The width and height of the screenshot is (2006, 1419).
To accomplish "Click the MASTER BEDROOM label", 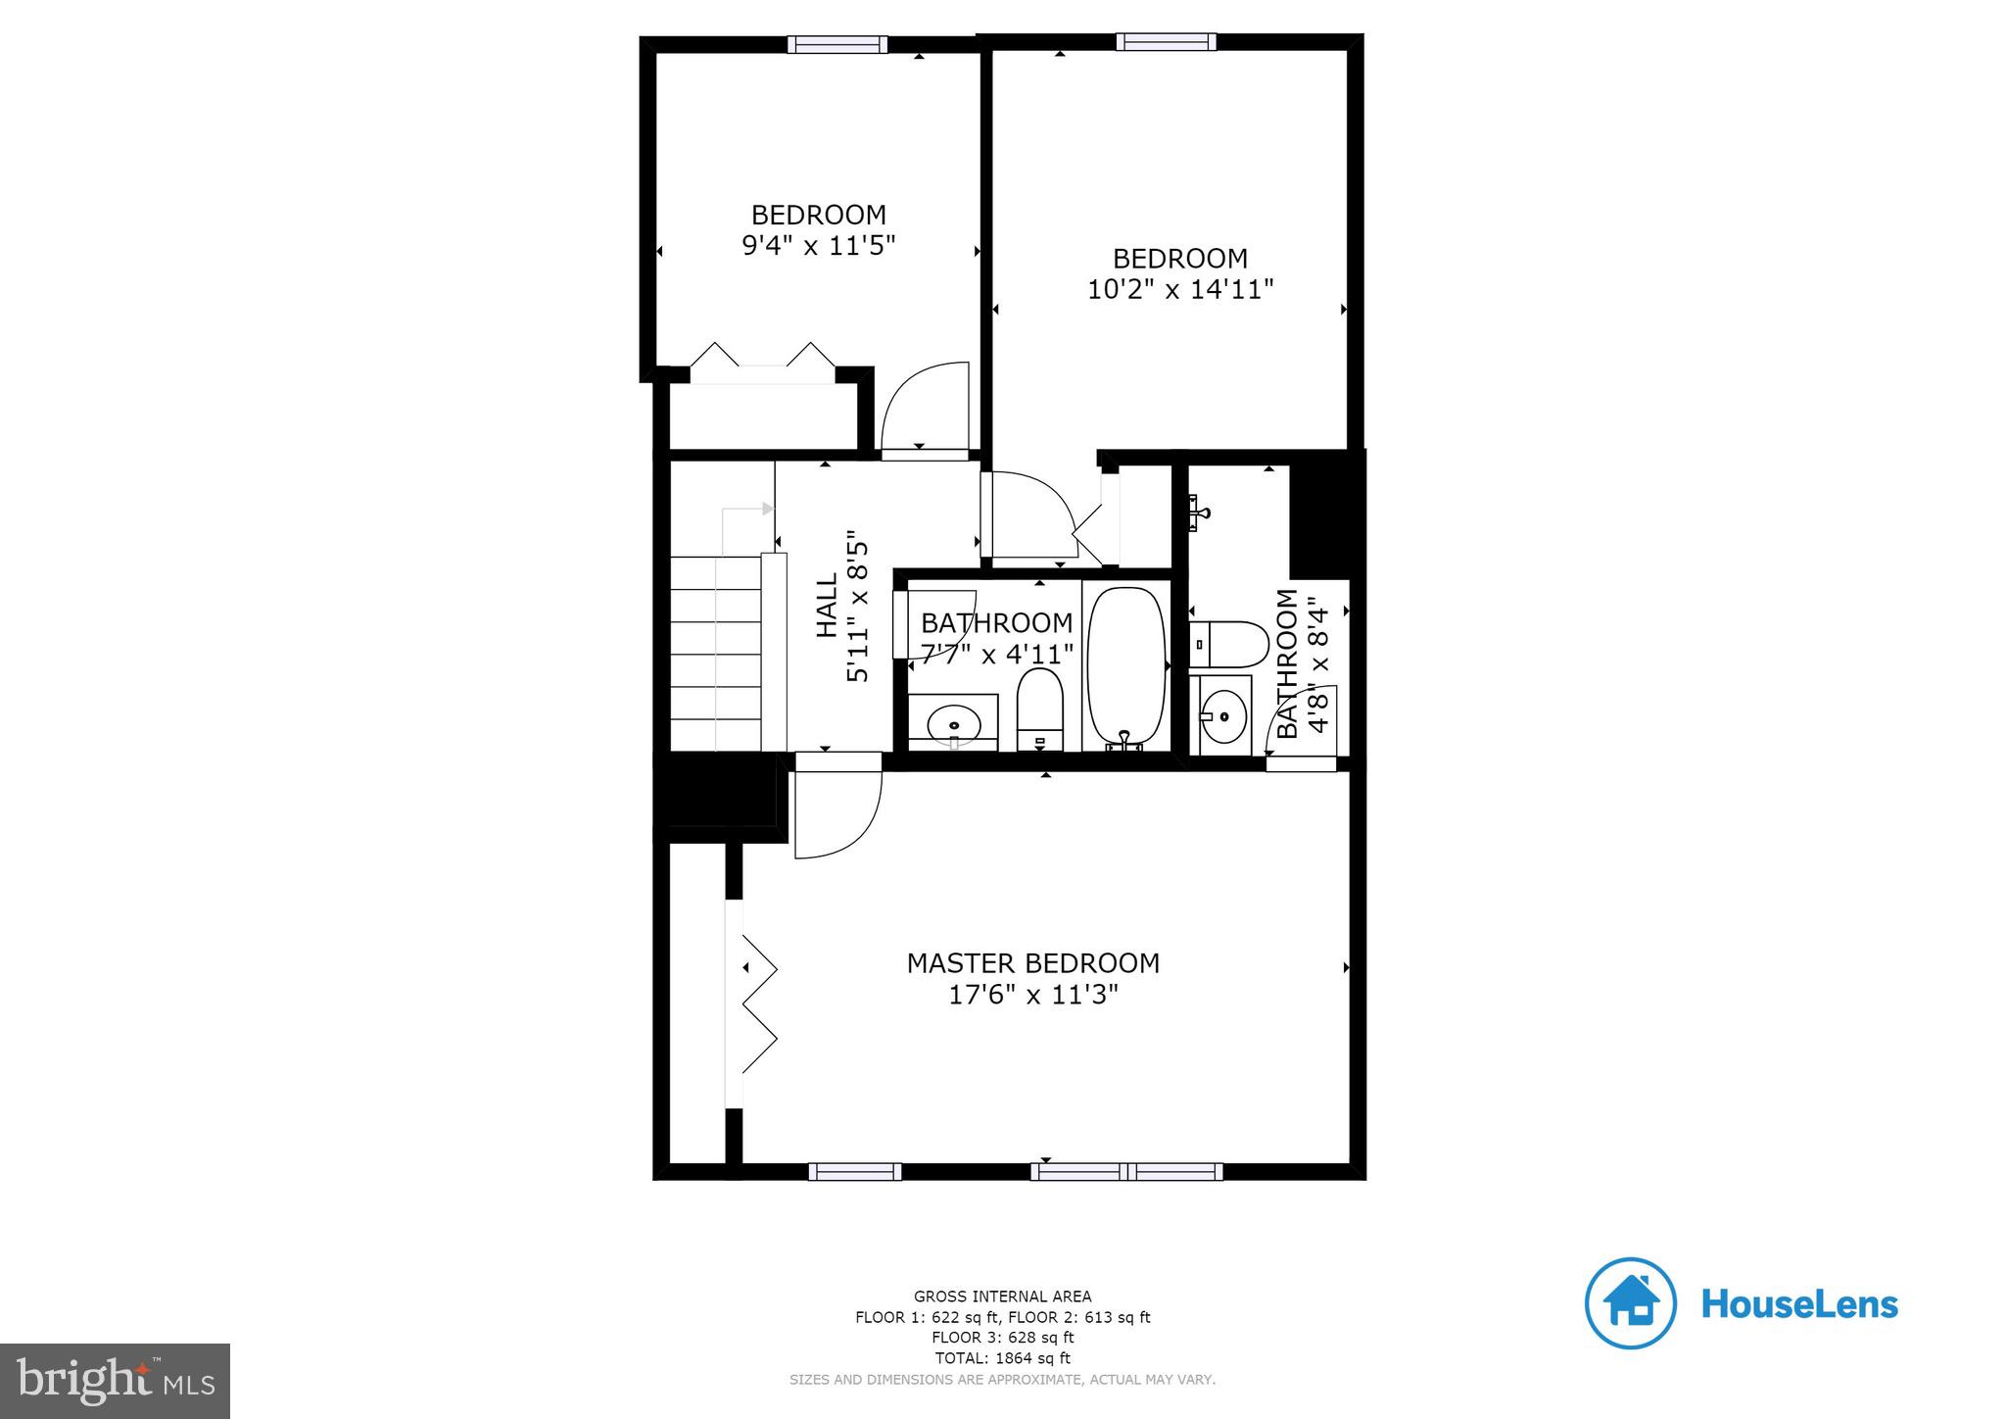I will coord(1032,963).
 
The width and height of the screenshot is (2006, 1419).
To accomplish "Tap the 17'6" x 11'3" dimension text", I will coord(1032,996).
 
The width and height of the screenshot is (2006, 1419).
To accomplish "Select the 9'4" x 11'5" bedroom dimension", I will coord(819,245).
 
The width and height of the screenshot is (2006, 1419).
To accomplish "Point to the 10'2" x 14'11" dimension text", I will coord(1180,290).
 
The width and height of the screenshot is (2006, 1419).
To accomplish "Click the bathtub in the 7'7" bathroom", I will coord(1126,667).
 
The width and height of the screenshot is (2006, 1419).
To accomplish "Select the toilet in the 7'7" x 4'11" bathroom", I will coord(1039,708).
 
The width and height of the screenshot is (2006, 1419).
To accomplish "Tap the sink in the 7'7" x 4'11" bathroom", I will coord(952,724).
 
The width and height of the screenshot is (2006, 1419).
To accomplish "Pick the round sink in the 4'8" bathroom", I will coord(1224,715).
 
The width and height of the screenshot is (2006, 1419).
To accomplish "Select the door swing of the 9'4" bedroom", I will coord(926,407).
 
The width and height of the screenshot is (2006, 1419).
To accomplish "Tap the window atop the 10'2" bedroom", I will coord(1166,42).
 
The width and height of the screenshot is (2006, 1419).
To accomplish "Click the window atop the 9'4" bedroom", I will coord(837,45).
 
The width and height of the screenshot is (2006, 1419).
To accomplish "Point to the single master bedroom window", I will coord(854,1171).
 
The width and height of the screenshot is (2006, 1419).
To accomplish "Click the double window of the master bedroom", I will coord(1126,1171).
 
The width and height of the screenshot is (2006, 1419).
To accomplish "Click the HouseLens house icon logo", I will coord(1630,1303).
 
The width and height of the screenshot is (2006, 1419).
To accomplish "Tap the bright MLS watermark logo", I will coord(115,1381).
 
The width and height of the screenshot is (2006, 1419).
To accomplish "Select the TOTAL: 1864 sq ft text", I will coord(1002,1358).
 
